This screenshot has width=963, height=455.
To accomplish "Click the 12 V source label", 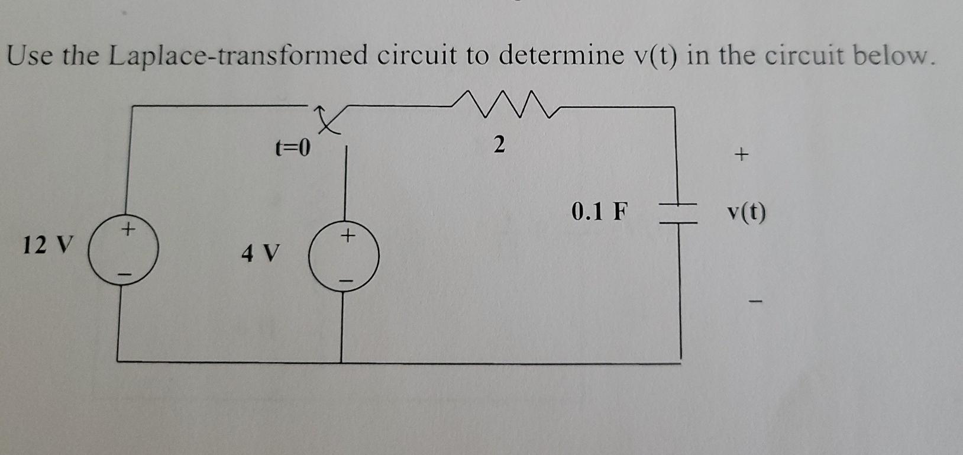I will pyautogui.click(x=48, y=244).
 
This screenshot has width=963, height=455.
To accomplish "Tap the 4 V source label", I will pyautogui.click(x=259, y=254).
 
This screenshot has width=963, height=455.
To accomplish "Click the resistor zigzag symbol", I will pyautogui.click(x=503, y=104).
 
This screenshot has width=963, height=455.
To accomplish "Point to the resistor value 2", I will pyautogui.click(x=499, y=144).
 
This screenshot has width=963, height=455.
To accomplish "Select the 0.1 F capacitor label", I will pyautogui.click(x=598, y=211).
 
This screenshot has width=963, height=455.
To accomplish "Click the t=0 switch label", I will pyautogui.click(x=293, y=147).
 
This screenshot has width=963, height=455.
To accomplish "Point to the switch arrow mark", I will pyautogui.click(x=327, y=121).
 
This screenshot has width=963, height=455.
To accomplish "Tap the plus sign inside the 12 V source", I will pyautogui.click(x=128, y=227).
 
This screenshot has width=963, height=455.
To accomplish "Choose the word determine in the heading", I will pyautogui.click(x=561, y=56).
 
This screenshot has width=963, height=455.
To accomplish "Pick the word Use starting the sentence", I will pyautogui.click(x=30, y=56).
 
